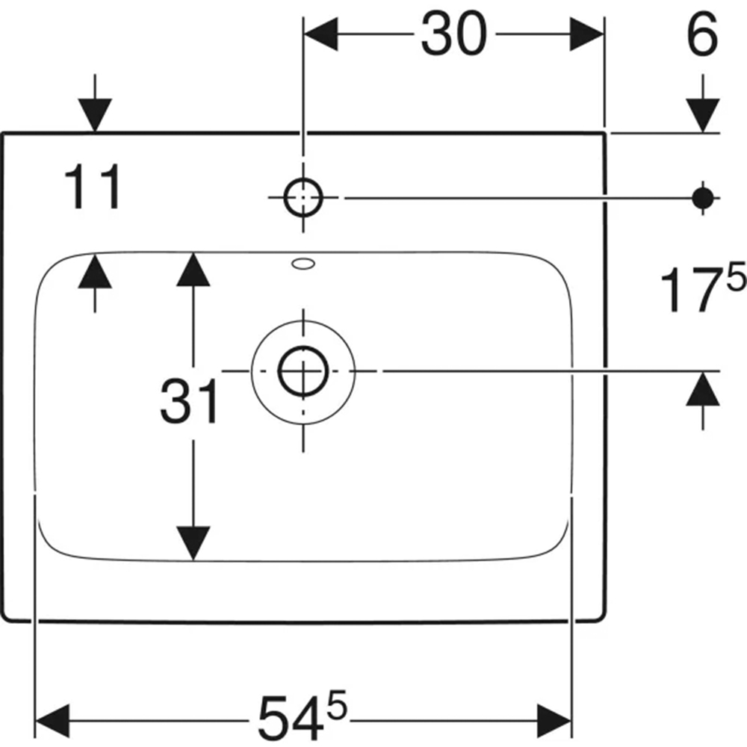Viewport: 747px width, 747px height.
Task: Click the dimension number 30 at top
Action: coord(454,34)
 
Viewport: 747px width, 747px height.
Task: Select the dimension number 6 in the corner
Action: coord(702,34)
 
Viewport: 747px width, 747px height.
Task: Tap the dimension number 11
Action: coord(92,187)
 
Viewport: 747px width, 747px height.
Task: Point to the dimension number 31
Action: coord(189,401)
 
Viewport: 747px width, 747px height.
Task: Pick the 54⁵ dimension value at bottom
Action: coord(302,716)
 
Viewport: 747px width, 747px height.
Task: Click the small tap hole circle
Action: coord(303,197)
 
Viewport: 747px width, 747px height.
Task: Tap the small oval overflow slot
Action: coord(303,264)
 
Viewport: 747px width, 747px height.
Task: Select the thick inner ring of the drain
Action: coord(303,371)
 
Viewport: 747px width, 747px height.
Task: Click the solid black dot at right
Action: coord(703,198)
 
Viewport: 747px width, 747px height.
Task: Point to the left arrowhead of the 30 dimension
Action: coord(321,34)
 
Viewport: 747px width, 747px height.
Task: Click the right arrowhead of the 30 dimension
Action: coord(587,34)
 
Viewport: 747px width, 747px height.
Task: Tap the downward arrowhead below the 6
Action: coord(703,115)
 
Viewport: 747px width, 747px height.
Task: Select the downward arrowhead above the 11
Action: coord(95,115)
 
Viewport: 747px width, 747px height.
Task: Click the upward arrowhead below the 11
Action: coord(95,272)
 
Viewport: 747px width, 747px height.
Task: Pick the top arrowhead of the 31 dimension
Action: coord(193,269)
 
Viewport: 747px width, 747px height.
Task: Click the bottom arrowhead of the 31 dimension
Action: coord(193,543)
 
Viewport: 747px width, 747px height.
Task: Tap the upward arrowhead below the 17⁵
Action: coord(703,388)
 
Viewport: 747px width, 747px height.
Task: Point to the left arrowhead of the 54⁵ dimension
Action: coord(53,720)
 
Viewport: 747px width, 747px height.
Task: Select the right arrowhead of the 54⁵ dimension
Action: coord(554,720)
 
